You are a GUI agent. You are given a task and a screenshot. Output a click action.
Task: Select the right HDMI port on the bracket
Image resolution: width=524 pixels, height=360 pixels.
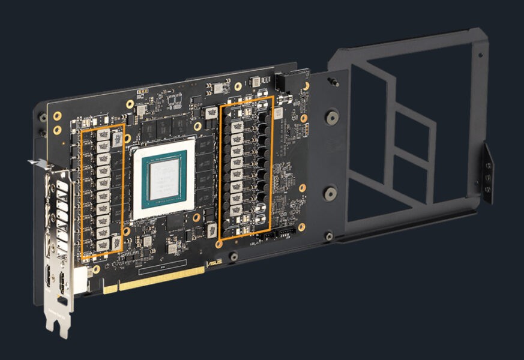click(62, 283)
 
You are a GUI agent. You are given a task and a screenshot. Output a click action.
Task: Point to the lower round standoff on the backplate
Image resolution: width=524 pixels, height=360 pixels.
click(330, 193)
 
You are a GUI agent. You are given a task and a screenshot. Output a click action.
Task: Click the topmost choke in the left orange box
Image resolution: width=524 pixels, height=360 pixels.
click(103, 136)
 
